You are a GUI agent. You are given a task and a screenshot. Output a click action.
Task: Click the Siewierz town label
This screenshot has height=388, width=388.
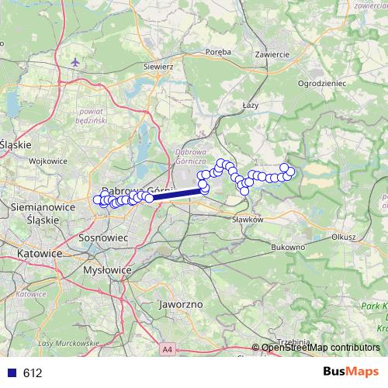158,67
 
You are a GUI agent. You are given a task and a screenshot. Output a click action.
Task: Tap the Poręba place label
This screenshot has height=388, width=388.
220,52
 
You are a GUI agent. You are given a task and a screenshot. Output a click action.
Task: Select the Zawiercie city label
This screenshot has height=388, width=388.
272,54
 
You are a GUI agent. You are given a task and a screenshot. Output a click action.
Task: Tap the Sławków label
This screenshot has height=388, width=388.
249,220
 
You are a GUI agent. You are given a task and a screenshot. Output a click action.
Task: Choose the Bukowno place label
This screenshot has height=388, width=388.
289,247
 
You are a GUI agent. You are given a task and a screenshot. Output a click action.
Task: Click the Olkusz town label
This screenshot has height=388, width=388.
341,237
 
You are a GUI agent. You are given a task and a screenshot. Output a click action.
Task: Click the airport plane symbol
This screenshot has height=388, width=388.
74,61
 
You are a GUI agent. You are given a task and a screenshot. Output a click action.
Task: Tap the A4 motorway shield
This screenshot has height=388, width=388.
168,351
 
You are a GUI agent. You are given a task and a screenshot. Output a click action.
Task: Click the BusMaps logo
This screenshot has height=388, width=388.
351,372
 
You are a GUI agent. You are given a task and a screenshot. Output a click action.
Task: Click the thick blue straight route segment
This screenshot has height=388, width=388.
175,196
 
